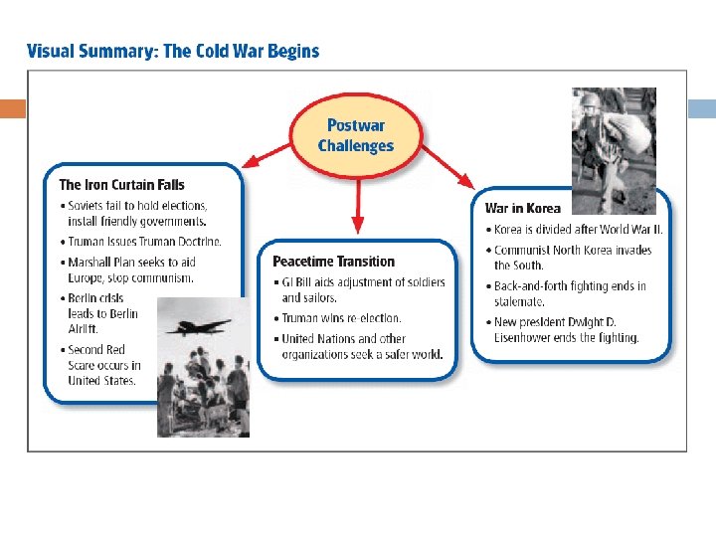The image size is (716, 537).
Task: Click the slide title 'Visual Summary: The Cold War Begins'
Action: pyautogui.click(x=173, y=51)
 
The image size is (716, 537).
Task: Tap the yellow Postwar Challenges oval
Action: pyautogui.click(x=355, y=135)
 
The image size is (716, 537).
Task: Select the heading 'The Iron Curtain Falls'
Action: pyautogui.click(x=121, y=184)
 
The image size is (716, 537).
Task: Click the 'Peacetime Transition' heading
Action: pyautogui.click(x=333, y=262)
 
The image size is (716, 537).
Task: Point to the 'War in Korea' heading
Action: pyautogui.click(x=522, y=209)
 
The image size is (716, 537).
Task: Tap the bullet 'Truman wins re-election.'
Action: pyautogui.click(x=341, y=318)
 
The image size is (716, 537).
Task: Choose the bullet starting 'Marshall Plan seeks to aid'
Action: pyautogui.click(x=131, y=269)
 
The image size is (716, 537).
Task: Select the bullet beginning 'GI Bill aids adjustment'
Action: pyautogui.click(x=363, y=289)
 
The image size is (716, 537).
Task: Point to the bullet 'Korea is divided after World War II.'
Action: pyautogui.click(x=578, y=229)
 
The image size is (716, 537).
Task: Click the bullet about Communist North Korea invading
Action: pyautogui.click(x=572, y=258)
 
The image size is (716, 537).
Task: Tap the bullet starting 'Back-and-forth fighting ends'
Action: pyautogui.click(x=569, y=292)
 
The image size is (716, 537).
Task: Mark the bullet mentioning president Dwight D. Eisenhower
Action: pyautogui.click(x=567, y=330)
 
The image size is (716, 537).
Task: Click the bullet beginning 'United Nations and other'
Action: pyautogui.click(x=361, y=347)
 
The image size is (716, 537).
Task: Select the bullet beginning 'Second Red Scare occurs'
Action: pyautogui.click(x=103, y=365)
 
